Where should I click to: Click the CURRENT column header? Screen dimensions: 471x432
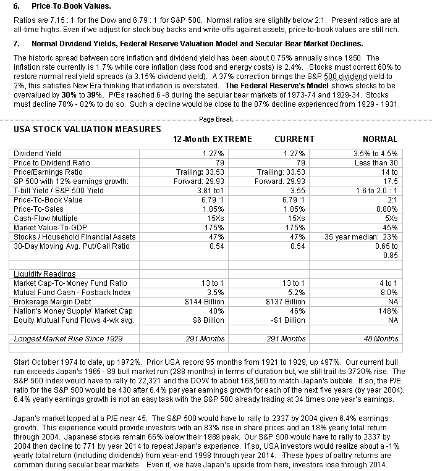click(294, 139)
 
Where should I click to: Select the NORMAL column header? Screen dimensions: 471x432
click(379, 139)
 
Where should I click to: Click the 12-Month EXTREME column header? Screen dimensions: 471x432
click(210, 139)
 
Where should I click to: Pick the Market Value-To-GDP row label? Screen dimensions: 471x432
click(49, 228)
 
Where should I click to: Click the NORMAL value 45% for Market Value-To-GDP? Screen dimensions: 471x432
click(390, 228)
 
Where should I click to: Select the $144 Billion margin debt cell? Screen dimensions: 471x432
click(203, 302)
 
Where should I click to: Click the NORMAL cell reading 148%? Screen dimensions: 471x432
click(388, 311)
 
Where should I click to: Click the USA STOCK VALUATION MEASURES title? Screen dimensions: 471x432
click(87, 129)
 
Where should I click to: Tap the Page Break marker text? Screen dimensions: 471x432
click(216, 119)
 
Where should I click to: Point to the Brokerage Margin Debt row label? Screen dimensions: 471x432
click(51, 302)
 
